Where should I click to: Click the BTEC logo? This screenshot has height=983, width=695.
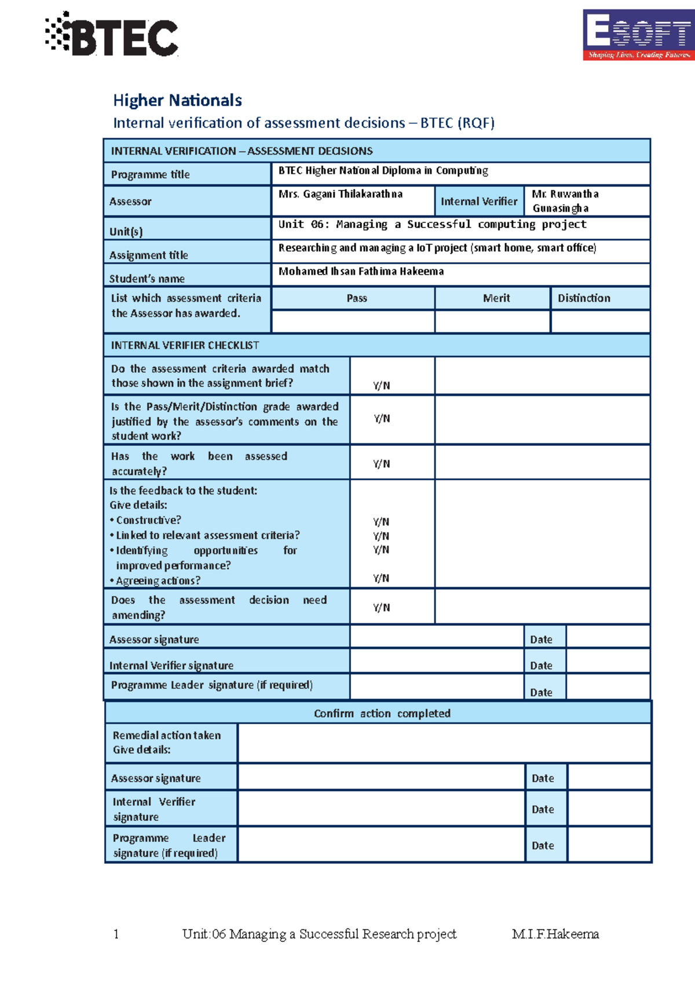point(112,35)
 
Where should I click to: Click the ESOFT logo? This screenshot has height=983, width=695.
point(638,34)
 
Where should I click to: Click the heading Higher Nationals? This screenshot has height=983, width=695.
point(177,100)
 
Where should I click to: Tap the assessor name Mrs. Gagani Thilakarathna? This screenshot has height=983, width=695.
point(341,194)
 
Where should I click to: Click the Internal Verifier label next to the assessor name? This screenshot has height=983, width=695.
point(479,201)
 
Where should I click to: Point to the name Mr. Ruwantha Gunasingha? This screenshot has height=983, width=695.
point(565,201)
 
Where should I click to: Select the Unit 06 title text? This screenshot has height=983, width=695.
point(432,224)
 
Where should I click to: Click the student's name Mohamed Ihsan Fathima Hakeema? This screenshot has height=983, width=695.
point(361,271)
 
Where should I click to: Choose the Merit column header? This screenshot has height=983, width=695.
point(496,298)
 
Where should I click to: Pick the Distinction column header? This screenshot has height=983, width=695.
point(584,298)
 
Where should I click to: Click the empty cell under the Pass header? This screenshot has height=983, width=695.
point(353,321)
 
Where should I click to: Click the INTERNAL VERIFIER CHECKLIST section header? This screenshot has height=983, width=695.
point(185,345)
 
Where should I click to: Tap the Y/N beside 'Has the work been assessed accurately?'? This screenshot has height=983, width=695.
point(382,464)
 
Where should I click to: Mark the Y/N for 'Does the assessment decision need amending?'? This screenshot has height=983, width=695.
point(382,607)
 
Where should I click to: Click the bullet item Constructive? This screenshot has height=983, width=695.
point(148,520)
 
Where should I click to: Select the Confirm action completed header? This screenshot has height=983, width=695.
point(382,713)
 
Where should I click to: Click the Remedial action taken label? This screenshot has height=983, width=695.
point(167,735)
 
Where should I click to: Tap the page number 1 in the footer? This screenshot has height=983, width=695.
point(116,934)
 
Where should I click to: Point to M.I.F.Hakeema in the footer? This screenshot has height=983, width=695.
point(555,934)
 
